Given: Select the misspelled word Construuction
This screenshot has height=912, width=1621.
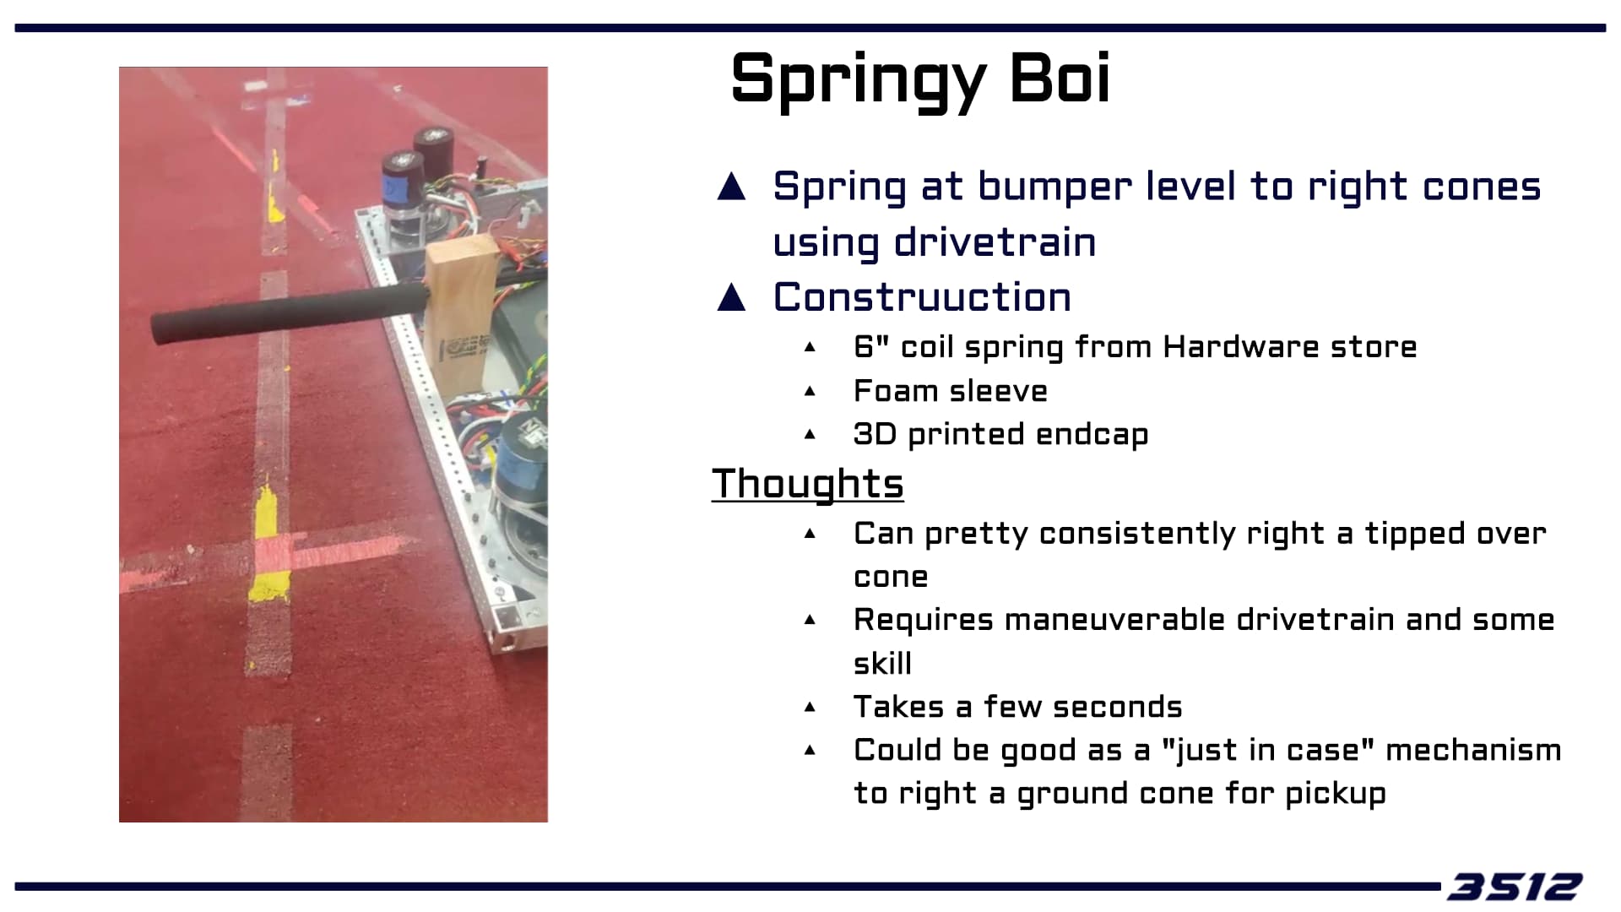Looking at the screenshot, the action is point(922,297).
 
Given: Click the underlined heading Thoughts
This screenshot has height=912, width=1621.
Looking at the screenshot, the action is point(808,484).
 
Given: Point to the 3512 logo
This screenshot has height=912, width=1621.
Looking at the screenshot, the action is point(1515,887).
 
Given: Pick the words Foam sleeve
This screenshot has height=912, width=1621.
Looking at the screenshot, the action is point(951,391).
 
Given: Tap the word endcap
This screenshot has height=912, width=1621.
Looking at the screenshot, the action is point(1092,435).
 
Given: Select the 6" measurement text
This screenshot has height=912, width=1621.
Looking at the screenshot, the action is point(872,346).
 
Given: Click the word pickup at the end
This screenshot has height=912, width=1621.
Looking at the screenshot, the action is point(1336,795).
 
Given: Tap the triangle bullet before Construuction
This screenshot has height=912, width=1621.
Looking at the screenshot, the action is point(731,297).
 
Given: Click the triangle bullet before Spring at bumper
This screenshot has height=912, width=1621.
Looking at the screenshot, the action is point(731,186).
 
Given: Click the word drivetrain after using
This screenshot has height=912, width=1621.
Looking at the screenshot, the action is point(995,243).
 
